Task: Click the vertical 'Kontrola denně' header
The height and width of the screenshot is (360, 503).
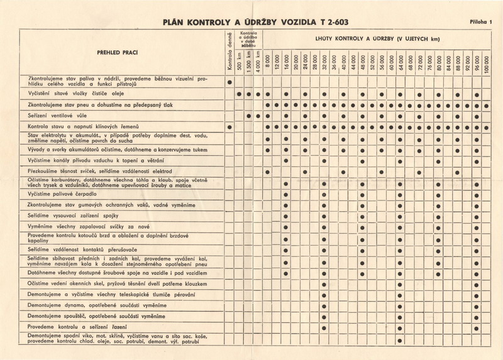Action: tap(230, 52)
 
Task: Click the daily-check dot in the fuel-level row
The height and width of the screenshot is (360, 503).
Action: tap(230, 82)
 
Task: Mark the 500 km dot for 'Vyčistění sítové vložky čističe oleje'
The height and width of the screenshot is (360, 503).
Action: tap(240, 93)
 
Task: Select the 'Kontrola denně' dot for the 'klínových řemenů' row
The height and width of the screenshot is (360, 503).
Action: tap(230, 128)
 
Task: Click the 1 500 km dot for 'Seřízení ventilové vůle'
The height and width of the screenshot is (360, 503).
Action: tap(249, 116)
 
